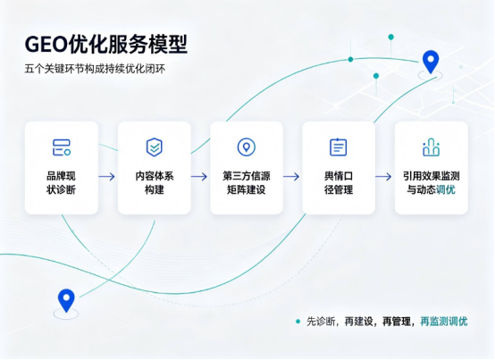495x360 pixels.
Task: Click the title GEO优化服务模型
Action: [106, 45]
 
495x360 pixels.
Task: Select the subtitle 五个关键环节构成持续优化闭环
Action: [95, 69]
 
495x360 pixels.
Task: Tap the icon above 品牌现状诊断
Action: [62, 147]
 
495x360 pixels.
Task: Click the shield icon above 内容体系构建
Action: [154, 147]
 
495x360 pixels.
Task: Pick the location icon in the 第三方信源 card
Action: [247, 147]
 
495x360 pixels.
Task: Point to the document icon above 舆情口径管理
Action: [338, 147]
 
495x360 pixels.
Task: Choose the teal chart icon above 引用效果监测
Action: [431, 147]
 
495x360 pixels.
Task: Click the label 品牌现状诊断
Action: [62, 183]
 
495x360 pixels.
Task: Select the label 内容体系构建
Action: [155, 183]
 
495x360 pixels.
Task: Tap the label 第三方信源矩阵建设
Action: [247, 183]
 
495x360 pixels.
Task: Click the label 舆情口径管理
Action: [339, 183]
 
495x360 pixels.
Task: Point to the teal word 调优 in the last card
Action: [446, 189]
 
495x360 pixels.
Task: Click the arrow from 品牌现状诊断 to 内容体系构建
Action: [106, 176]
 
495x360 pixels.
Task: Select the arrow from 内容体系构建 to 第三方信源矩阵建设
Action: [199, 176]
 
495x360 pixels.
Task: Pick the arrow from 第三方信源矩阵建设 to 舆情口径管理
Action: [291, 176]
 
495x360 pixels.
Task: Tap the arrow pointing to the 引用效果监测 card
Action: [383, 176]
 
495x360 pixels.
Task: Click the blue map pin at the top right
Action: [431, 61]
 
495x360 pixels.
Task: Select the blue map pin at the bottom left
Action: [66, 300]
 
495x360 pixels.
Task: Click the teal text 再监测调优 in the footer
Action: [443, 322]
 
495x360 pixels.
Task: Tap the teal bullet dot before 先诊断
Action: [298, 322]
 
